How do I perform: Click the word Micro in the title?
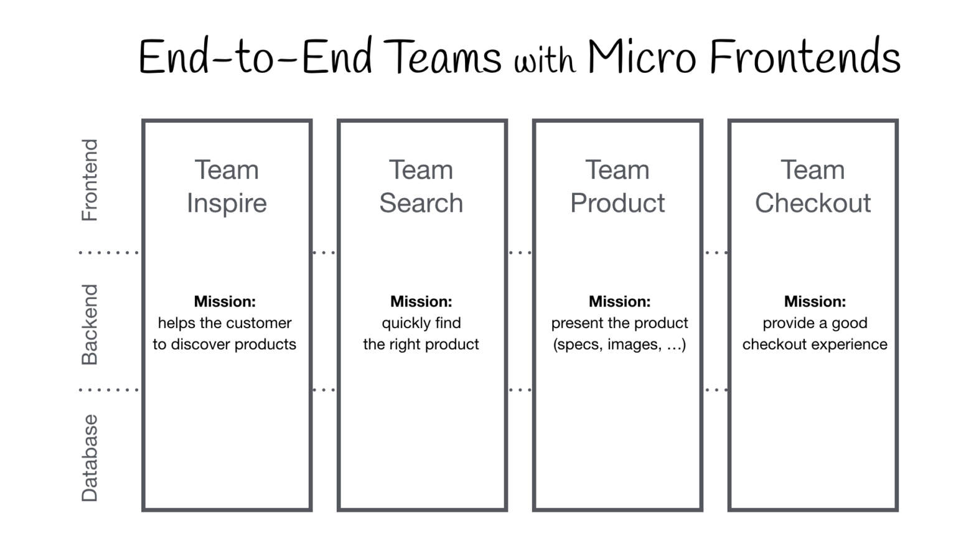(642, 57)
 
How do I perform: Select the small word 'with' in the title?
(544, 61)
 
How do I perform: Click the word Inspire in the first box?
(227, 204)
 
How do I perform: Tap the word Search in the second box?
(421, 203)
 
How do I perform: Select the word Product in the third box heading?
(617, 203)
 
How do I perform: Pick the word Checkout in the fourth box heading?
(813, 203)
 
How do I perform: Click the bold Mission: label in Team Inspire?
(225, 301)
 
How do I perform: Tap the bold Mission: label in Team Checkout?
(815, 301)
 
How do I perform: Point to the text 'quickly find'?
(421, 323)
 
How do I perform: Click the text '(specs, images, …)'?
(619, 344)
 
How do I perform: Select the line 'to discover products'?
(225, 344)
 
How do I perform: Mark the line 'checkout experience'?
(815, 344)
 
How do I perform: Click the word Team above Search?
(421, 170)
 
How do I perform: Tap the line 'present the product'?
(619, 323)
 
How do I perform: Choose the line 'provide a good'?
(815, 323)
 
